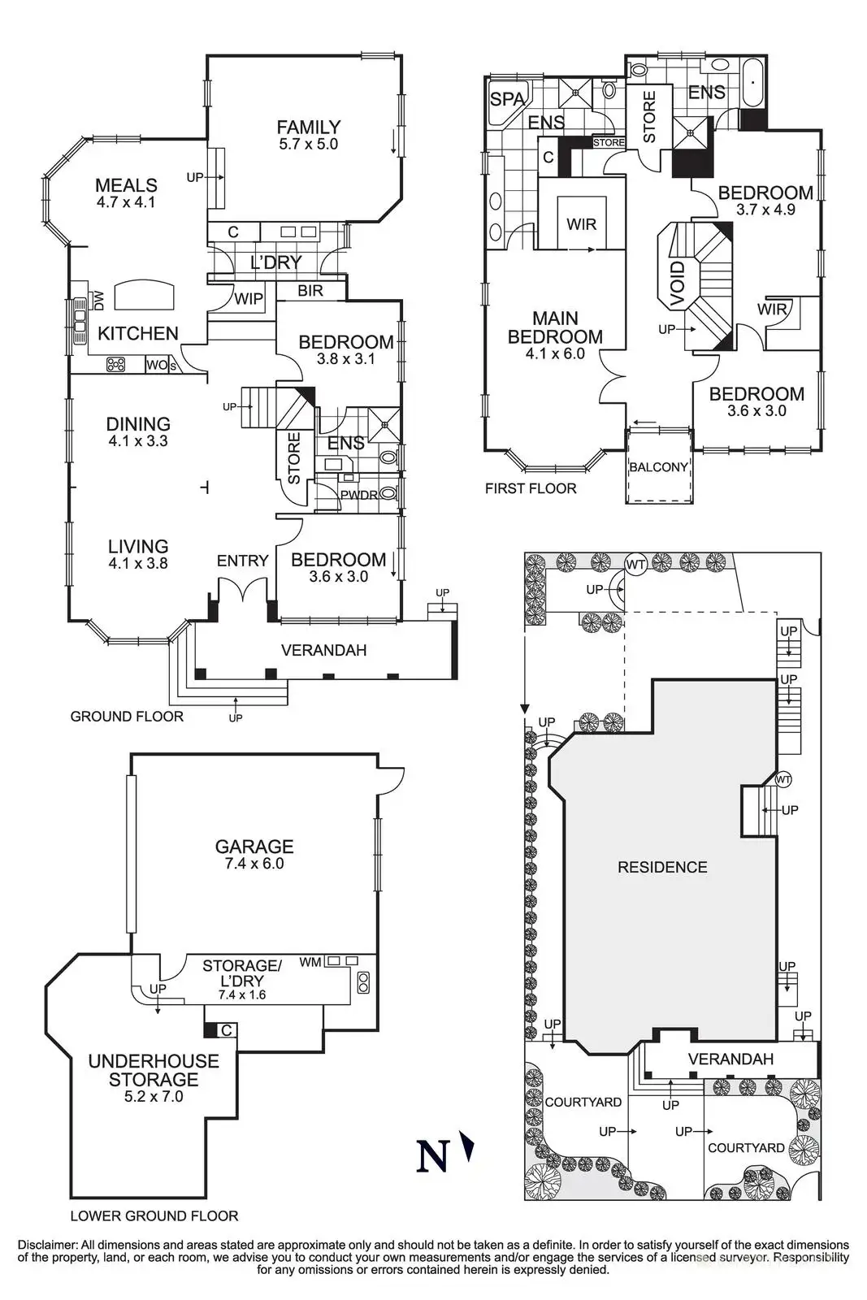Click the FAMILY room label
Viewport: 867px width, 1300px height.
308,127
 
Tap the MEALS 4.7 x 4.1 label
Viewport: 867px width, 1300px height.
126,193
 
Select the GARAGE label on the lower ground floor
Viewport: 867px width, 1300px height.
254,846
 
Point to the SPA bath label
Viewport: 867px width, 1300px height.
506,99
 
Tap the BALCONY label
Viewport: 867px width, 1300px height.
659,467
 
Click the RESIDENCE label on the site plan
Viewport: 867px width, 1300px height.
662,868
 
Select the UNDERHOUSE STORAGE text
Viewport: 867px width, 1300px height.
154,1070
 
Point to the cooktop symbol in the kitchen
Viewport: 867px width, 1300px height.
116,364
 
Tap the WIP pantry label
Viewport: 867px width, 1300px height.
249,299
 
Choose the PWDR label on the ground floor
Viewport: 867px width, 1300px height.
358,495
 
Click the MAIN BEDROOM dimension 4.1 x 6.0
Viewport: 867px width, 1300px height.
555,353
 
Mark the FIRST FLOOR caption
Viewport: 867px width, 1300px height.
531,488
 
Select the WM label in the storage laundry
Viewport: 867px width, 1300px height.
310,962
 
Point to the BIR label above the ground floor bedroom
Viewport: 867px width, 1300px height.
310,291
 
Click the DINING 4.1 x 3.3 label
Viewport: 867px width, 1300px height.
138,431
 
